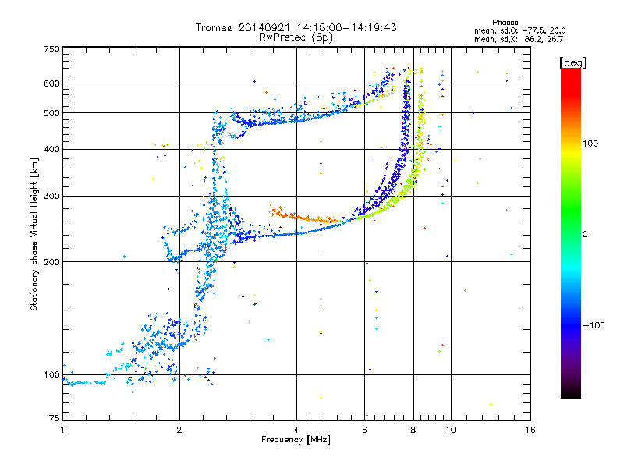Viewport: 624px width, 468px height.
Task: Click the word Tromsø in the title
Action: pyautogui.click(x=215, y=27)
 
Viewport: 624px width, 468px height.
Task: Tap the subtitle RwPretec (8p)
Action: pyautogui.click(x=296, y=37)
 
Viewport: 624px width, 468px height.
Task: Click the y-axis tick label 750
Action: pyautogui.click(x=51, y=49)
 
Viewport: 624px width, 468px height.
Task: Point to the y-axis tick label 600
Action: pyautogui.click(x=51, y=83)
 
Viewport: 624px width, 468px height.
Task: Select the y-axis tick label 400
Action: pyautogui.click(x=51, y=149)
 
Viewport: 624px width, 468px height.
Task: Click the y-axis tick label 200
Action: pyautogui.click(x=51, y=262)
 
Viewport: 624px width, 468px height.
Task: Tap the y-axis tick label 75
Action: pyautogui.click(x=55, y=418)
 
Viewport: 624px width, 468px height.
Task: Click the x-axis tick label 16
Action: pyautogui.click(x=530, y=430)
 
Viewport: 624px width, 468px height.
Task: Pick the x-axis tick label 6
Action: pyautogui.click(x=364, y=430)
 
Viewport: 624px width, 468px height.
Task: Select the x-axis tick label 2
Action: pyautogui.click(x=179, y=430)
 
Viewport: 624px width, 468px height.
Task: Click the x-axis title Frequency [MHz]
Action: pyautogui.click(x=296, y=440)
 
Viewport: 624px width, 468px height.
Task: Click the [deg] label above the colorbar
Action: pyautogui.click(x=573, y=62)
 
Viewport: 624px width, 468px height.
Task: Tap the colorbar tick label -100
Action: pyautogui.click(x=594, y=325)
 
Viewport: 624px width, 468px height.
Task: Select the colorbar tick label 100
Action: pyautogui.click(x=590, y=144)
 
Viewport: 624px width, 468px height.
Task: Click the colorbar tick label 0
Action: pyautogui.click(x=585, y=235)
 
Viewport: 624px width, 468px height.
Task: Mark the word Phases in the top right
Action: pyautogui.click(x=505, y=23)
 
